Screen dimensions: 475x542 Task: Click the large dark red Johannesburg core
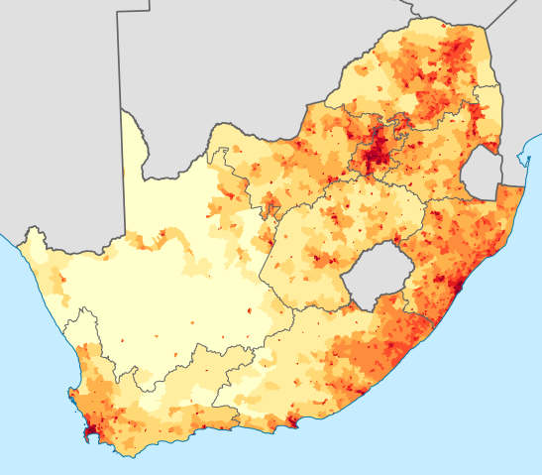click(377, 151)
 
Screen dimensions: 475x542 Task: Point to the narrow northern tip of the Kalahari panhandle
click(123, 114)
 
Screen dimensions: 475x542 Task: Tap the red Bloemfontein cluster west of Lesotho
click(317, 260)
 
